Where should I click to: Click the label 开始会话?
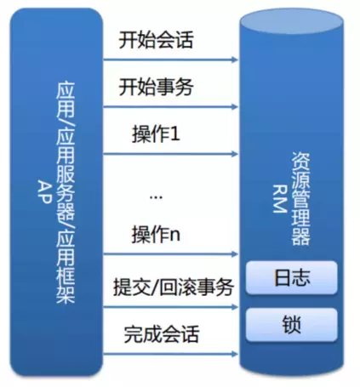point(156,40)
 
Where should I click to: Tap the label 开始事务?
point(156,87)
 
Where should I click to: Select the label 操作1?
point(156,134)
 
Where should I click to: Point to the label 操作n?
point(156,234)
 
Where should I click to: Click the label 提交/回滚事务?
point(174,287)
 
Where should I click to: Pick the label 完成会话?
point(161,333)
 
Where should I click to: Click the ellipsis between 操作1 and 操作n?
point(156,197)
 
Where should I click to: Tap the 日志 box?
point(292,277)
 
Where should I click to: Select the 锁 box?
point(292,325)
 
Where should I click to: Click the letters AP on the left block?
point(45,192)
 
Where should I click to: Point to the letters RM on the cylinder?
point(280,199)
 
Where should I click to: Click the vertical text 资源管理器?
point(300,199)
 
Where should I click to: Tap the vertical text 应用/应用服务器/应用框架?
point(66,193)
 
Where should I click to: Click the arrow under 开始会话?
point(170,60)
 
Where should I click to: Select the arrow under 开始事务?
point(170,107)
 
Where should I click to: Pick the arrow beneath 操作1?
point(170,154)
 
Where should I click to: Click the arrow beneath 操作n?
point(170,254)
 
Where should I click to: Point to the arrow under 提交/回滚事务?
point(170,307)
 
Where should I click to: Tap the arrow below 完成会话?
point(170,354)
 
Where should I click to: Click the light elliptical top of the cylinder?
point(291,22)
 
